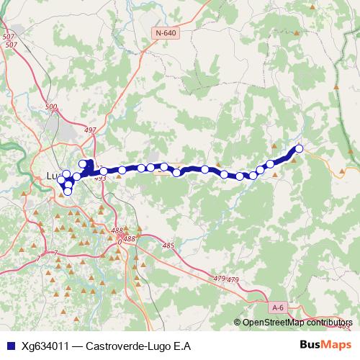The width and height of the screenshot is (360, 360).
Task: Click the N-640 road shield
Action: pos(165,33)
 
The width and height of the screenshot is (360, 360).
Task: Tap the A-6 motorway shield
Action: pos(278,307)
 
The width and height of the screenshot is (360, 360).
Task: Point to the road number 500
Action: pos(50,107)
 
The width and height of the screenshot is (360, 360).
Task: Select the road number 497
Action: pos(90,130)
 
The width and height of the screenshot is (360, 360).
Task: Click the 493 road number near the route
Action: pos(100,178)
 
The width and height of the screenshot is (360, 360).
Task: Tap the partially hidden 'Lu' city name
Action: pos(52,175)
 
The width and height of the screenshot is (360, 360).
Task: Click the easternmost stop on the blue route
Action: pos(299,149)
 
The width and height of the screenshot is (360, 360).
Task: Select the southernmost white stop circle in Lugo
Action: pos(68,191)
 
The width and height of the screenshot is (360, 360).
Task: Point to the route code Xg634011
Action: pos(46,346)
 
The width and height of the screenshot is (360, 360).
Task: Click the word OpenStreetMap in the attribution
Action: pos(273,323)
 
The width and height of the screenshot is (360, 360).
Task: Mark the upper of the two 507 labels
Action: pos(9,37)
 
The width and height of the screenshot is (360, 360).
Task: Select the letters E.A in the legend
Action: pos(183,346)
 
